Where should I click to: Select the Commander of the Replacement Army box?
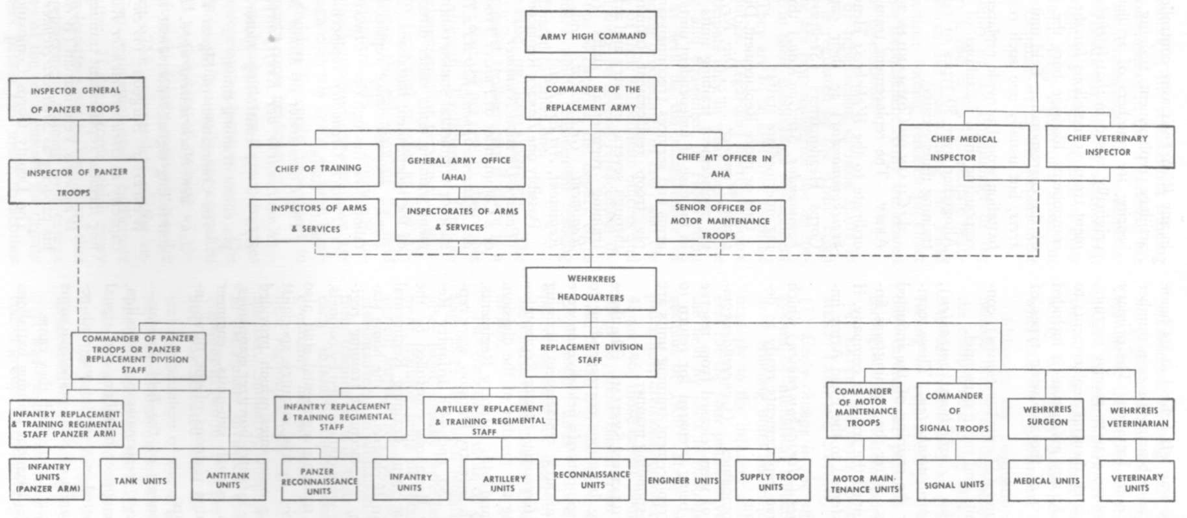tap(591, 98)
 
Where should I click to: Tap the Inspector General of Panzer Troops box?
tap(76, 99)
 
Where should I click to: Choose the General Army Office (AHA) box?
tap(460, 166)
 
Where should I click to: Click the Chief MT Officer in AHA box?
tap(720, 166)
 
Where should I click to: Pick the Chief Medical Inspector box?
tap(964, 148)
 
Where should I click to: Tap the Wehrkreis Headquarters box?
tap(591, 288)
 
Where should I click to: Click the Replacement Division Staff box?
tap(591, 356)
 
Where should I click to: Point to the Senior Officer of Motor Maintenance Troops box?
tap(720, 221)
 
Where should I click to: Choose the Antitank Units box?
tap(228, 480)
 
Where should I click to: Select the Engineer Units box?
tap(683, 480)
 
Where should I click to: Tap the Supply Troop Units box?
tap(773, 480)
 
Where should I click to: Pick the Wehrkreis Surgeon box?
tap(1046, 417)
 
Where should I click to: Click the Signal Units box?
tap(954, 482)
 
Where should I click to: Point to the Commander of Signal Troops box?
tap(954, 411)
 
